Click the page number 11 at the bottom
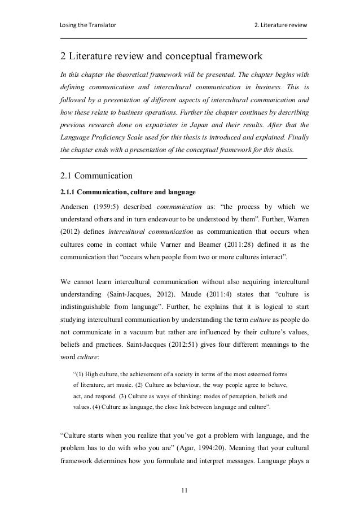(184, 489)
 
